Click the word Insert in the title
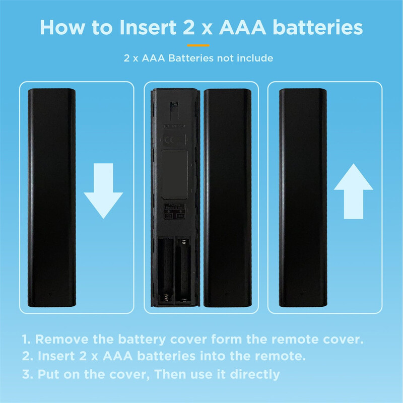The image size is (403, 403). (148, 27)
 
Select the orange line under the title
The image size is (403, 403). (198, 45)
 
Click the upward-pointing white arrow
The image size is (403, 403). (354, 191)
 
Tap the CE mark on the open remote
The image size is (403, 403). (174, 140)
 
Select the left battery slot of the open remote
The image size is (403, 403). (165, 270)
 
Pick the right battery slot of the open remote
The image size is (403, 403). (183, 270)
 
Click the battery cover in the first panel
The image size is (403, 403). (52, 197)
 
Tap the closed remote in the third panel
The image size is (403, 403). (303, 197)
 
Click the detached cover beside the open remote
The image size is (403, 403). (228, 197)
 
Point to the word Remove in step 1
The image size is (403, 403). (62, 339)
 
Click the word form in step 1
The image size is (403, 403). (226, 339)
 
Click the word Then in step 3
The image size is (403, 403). (170, 374)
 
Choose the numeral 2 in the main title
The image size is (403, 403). (188, 27)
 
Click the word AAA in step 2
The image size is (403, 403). (118, 356)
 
